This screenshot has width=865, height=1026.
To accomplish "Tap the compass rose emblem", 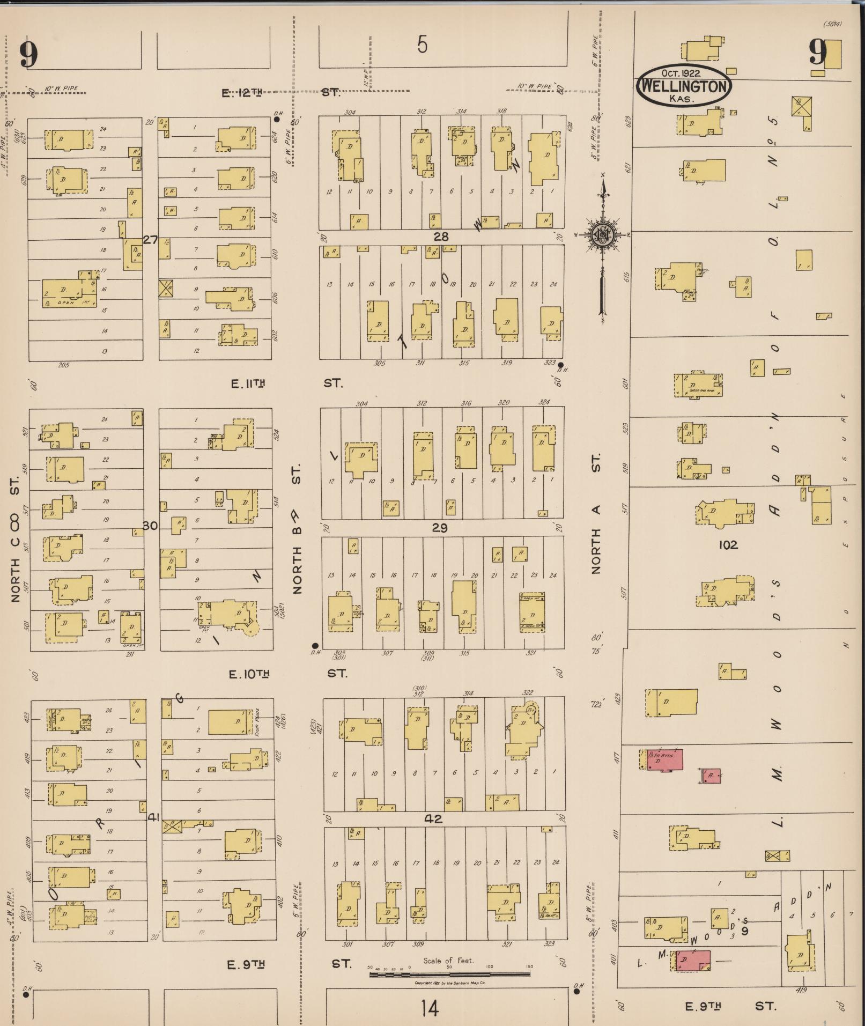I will click(602, 234).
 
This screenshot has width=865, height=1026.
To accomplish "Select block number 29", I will click(440, 528).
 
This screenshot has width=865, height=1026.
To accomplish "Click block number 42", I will click(433, 819).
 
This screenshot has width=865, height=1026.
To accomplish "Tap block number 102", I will click(728, 545).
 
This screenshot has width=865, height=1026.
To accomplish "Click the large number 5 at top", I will click(423, 45).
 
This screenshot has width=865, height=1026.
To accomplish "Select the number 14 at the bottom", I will click(430, 1009).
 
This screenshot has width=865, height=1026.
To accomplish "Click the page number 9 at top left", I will click(29, 55).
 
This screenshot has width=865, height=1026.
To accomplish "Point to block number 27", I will click(150, 240).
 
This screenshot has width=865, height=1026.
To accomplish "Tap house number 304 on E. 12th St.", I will click(350, 112).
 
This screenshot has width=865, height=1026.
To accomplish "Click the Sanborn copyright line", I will click(449, 983).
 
